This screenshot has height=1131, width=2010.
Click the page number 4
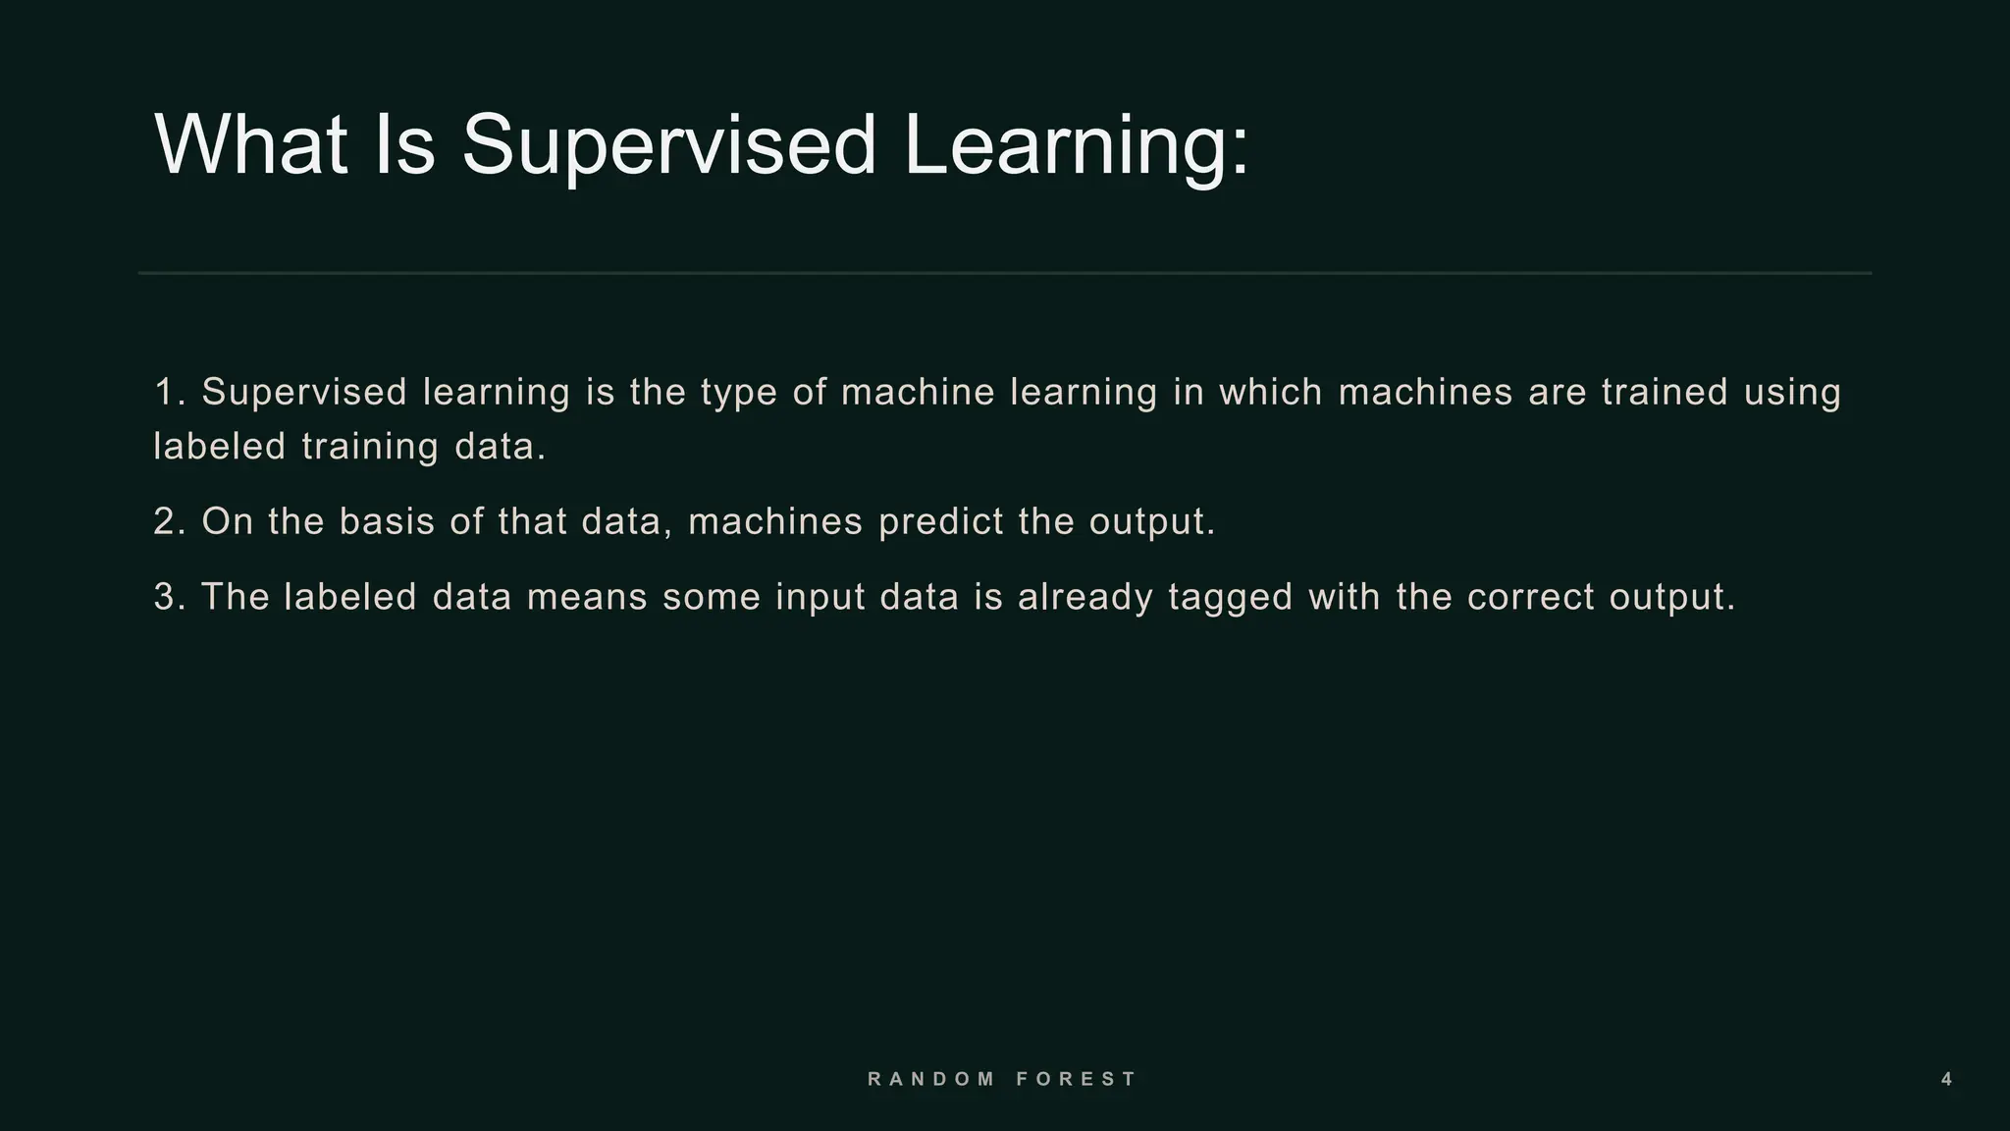point(1947,1079)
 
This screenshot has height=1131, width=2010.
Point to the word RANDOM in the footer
point(931,1079)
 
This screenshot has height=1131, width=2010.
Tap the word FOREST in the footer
point(1076,1079)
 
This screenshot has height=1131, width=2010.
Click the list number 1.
point(167,392)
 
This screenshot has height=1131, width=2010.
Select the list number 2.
point(167,521)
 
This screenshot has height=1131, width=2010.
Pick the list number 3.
point(167,597)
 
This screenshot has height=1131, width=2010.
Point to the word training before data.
point(370,448)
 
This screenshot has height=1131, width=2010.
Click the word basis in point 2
point(387,521)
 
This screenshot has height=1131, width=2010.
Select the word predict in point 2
point(941,521)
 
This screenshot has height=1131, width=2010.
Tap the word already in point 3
point(1085,598)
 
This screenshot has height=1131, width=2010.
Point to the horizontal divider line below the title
point(1005,273)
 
